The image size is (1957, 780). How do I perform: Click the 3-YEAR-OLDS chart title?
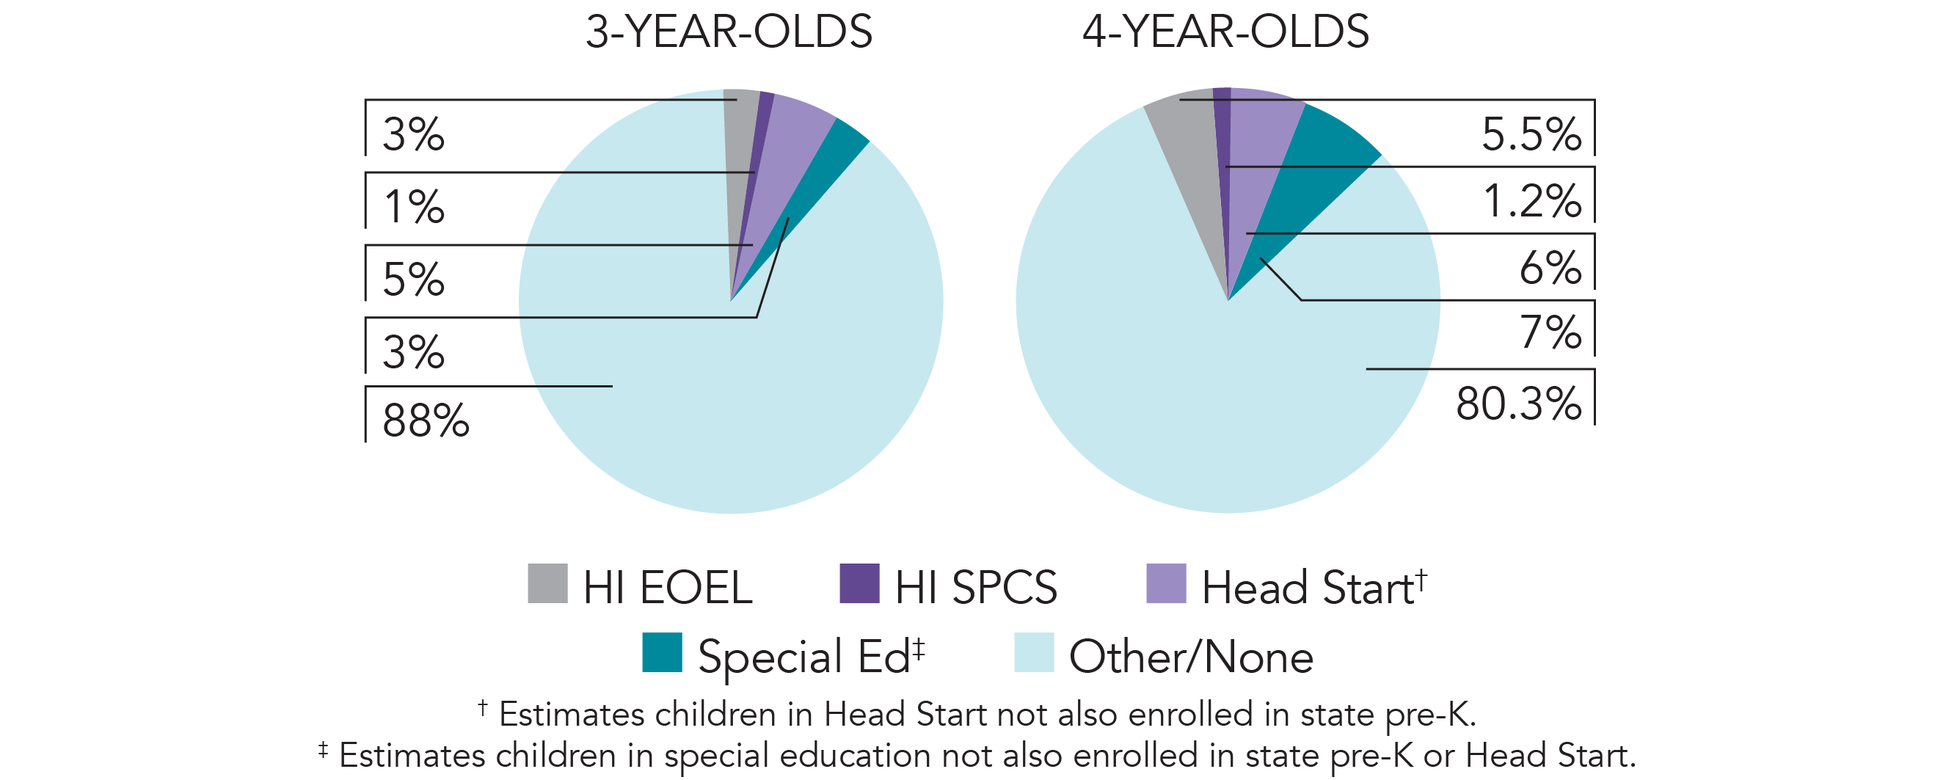(x=729, y=32)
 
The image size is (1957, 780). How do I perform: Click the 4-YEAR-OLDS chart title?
(x=1225, y=32)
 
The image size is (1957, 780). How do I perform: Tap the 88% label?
(x=426, y=420)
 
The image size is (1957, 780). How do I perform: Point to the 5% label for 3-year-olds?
(x=413, y=279)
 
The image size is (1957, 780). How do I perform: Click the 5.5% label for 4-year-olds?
(x=1531, y=134)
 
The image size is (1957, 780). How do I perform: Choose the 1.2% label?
(x=1531, y=201)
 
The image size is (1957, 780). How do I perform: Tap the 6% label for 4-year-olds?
(x=1550, y=267)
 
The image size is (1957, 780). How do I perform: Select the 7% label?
(x=1550, y=332)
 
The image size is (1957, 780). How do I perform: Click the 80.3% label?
(x=1518, y=403)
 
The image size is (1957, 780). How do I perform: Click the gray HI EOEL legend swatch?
(x=547, y=583)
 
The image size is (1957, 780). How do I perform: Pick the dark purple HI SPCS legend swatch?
(x=859, y=583)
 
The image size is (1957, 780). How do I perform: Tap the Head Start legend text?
(x=1308, y=587)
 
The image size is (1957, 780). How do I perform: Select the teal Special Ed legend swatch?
(x=662, y=652)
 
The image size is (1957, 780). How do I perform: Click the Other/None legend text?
(x=1190, y=656)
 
